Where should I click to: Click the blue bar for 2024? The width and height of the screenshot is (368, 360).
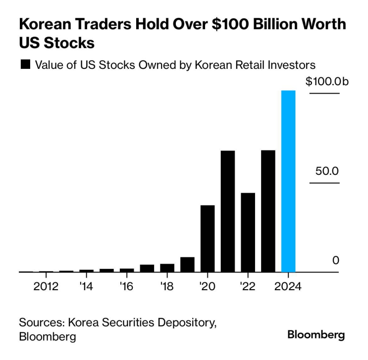click(288, 181)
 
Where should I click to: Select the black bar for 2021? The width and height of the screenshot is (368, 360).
click(228, 211)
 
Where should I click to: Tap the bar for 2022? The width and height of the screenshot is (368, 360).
click(248, 232)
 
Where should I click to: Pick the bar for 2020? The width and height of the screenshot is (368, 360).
click(208, 239)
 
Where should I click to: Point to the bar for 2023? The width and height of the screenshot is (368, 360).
click(268, 211)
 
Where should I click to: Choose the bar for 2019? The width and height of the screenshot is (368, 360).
click(187, 264)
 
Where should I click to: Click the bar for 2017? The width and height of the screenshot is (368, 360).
click(147, 268)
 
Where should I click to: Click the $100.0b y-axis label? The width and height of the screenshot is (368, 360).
click(327, 81)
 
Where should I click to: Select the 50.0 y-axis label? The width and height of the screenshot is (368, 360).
click(327, 171)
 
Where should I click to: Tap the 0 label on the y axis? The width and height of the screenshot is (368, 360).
click(336, 260)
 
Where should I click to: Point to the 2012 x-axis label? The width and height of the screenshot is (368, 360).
click(46, 287)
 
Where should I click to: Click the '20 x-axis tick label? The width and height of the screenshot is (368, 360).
click(207, 287)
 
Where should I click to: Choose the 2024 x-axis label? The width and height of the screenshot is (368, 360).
click(288, 287)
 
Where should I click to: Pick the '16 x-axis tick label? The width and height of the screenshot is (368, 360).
click(126, 287)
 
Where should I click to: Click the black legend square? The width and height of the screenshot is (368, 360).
click(25, 64)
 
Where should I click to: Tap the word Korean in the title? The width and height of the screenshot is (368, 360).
click(45, 24)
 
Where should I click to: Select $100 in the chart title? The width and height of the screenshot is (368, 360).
click(230, 24)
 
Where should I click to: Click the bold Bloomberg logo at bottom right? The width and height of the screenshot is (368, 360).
click(316, 335)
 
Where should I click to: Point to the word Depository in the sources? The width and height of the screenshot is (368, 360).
click(187, 323)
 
